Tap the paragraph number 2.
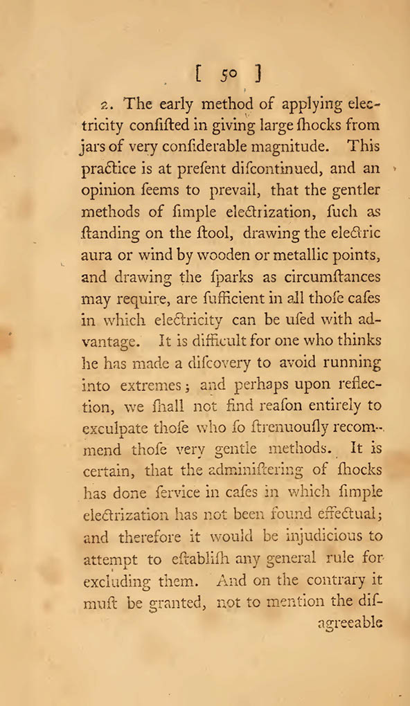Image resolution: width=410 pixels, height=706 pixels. click(x=105, y=105)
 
